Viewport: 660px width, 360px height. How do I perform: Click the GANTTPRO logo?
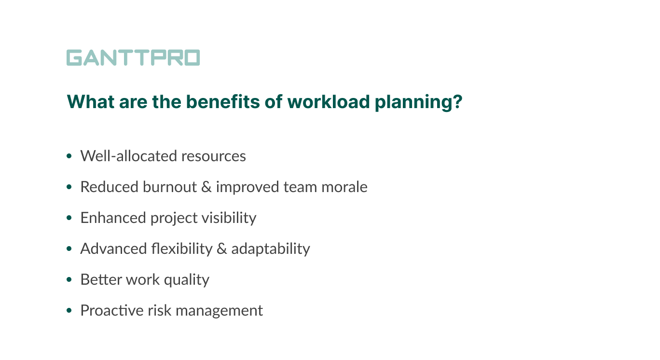[133, 57]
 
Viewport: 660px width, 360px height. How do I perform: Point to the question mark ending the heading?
[457, 102]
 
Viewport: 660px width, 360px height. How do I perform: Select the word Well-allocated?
[128, 156]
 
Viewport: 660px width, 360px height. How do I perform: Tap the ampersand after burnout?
[206, 187]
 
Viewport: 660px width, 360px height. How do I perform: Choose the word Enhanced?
[113, 218]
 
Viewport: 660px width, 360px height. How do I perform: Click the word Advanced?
[112, 249]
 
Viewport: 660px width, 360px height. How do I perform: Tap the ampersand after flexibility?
[221, 249]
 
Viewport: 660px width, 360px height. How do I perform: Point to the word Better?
[101, 279]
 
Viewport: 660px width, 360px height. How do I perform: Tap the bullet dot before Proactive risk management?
[69, 310]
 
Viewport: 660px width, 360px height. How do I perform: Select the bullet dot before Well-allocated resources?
[69, 156]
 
